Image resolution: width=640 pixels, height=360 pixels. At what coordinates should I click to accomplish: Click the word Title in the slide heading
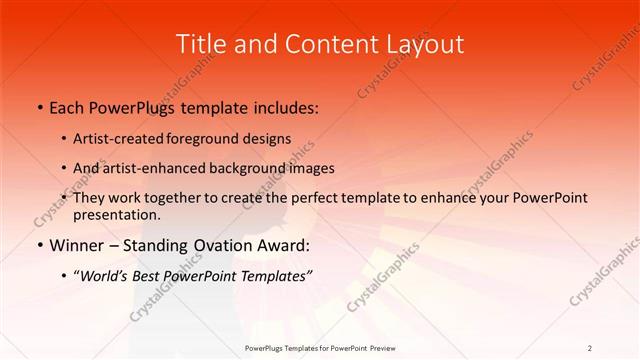click(200, 44)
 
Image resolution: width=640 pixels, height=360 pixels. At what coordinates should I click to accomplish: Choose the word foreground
click(194, 139)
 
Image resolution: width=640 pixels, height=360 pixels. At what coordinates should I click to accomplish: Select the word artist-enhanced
click(151, 168)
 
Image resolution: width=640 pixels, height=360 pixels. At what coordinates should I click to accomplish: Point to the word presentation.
click(116, 214)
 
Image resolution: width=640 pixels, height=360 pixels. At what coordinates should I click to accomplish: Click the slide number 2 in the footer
click(589, 347)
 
